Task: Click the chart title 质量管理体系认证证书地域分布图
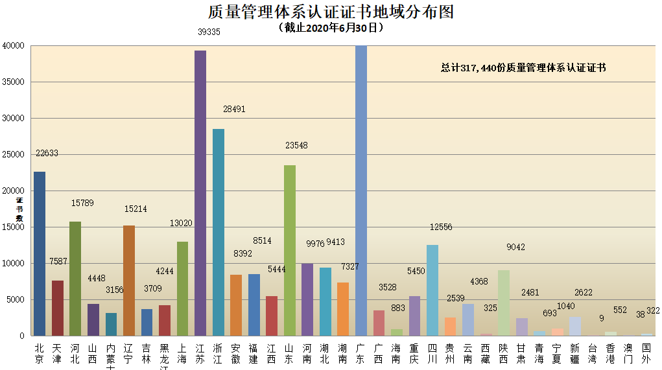pos(331,12)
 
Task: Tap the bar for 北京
pos(40,253)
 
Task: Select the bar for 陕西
pos(504,303)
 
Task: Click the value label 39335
pos(209,31)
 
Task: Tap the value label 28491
pos(233,110)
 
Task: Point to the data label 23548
pos(296,146)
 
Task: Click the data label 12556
pos(441,227)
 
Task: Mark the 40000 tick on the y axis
pos(13,46)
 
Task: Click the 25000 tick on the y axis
pos(13,155)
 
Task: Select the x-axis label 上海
pos(182,353)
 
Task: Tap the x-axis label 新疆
pos(575,353)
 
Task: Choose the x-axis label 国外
pos(646,353)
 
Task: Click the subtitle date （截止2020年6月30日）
pos(331,28)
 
